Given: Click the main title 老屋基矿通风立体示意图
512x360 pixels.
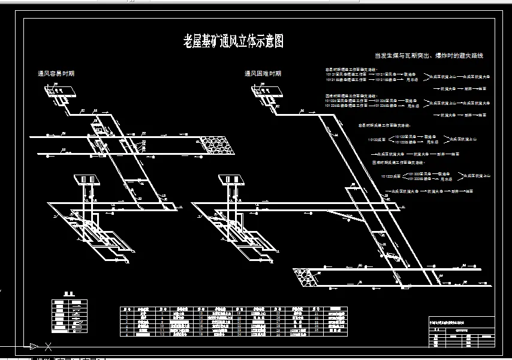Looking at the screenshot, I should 233,41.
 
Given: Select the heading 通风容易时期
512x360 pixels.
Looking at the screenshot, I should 56,74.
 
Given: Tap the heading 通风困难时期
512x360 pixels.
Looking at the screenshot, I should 263,74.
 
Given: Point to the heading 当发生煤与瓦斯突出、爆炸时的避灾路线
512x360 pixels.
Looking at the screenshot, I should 429,56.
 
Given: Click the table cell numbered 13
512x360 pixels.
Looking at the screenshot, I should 200,313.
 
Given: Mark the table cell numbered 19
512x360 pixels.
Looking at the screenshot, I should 239,313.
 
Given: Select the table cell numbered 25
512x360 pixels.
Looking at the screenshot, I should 278,313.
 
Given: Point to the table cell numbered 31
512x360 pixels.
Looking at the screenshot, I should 317,313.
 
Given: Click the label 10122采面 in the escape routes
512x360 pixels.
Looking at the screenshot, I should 377,139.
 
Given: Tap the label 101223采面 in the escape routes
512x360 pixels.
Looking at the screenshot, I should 390,176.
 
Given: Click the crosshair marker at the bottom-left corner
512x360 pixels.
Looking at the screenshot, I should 48,346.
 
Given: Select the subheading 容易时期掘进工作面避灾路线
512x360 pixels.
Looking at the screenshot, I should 350,70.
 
